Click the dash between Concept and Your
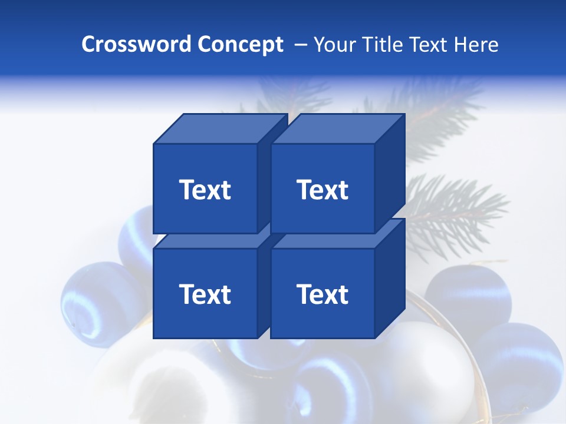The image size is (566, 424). coord(300,45)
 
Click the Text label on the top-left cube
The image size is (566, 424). coord(205,190)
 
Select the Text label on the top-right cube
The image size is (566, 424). coord(323,190)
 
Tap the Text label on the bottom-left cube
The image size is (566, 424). coord(205,294)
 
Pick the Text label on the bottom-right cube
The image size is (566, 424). coord(323,294)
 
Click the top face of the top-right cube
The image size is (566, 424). coord(338,129)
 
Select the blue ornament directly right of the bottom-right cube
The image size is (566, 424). coord(469,294)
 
